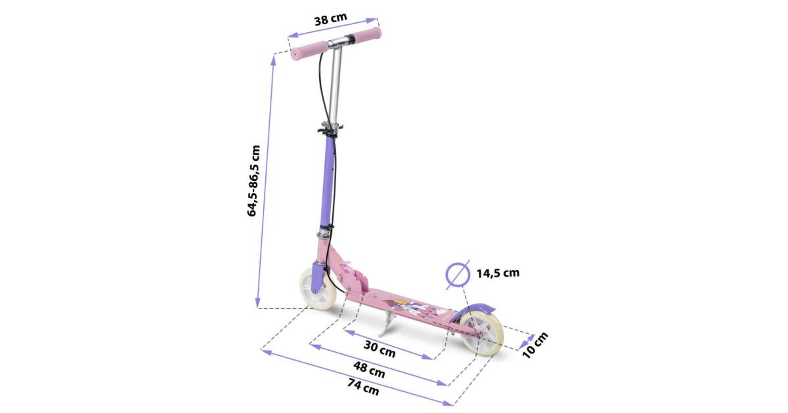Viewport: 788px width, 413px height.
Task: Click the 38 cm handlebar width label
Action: click(x=330, y=19)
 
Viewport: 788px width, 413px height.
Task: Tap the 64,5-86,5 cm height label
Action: click(x=253, y=180)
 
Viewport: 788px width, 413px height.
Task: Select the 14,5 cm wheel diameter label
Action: click(x=498, y=273)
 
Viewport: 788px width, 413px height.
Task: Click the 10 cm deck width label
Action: click(x=535, y=345)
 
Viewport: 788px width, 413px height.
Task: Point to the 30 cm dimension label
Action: click(x=380, y=349)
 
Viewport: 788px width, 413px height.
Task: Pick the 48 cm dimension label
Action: click(x=369, y=370)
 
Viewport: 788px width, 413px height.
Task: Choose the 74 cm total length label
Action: click(x=363, y=387)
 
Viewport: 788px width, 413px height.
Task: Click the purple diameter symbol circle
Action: click(x=458, y=275)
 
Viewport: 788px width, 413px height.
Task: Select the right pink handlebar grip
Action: click(x=367, y=34)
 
